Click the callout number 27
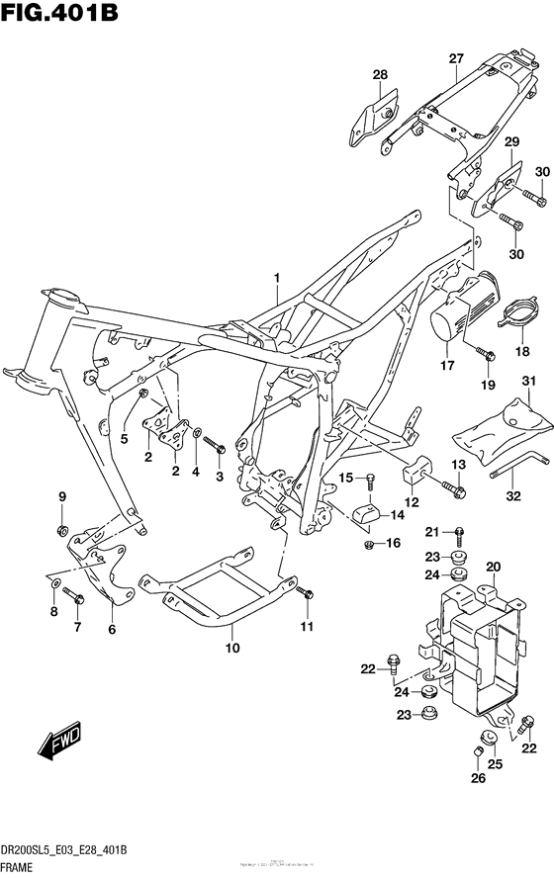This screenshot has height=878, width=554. [x=455, y=59]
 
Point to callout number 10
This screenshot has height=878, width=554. [x=233, y=649]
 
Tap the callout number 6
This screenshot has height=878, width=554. [x=111, y=629]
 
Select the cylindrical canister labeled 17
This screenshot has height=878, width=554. [x=458, y=311]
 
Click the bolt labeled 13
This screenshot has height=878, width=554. [x=429, y=488]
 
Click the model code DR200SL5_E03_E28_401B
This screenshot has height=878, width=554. [x=66, y=851]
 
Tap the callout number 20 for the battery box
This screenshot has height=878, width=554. [x=493, y=568]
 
